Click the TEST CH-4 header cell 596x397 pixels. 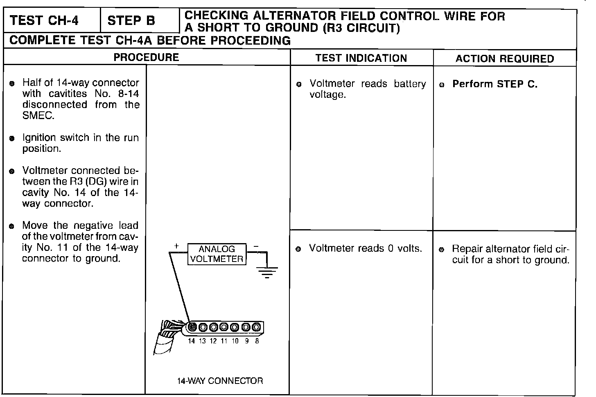click(x=44, y=20)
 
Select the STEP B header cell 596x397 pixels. click(x=131, y=20)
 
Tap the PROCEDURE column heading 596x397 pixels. click(x=146, y=57)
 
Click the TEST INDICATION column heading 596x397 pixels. click(x=361, y=58)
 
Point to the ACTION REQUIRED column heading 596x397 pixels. click(x=504, y=59)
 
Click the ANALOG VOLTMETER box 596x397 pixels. click(x=217, y=254)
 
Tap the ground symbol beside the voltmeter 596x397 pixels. click(x=267, y=272)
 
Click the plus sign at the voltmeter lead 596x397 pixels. click(x=176, y=246)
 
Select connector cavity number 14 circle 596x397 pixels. click(x=192, y=327)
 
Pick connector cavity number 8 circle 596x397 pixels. click(x=256, y=327)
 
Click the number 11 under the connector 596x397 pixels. click(x=224, y=341)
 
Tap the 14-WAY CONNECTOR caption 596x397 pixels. click(x=220, y=381)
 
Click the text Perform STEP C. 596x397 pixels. click(x=494, y=84)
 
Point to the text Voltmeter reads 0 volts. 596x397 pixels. click(x=365, y=248)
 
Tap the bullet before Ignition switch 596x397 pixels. click(x=12, y=139)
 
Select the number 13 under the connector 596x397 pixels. click(x=202, y=341)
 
